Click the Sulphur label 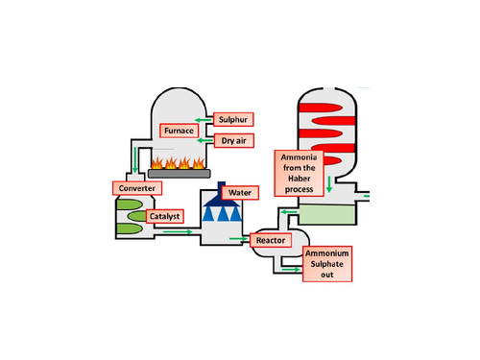233,120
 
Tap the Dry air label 233,140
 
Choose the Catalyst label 163,217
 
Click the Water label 240,193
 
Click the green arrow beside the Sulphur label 205,119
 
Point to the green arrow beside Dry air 205,141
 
